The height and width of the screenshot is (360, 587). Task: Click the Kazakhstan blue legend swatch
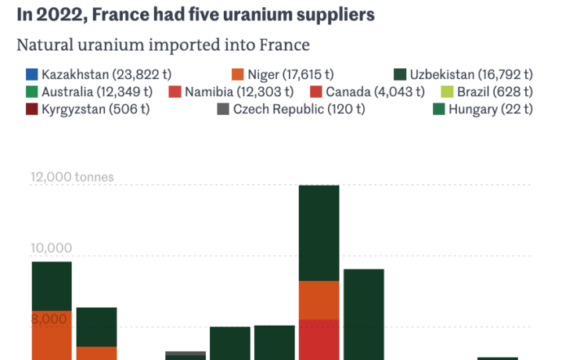click(x=32, y=74)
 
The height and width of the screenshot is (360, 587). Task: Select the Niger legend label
click(x=290, y=74)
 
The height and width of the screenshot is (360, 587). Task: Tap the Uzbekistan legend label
click(x=471, y=74)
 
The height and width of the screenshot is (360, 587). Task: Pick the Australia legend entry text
click(x=97, y=92)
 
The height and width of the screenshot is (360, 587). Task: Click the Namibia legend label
click(x=239, y=92)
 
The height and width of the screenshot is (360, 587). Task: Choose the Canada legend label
click(x=375, y=92)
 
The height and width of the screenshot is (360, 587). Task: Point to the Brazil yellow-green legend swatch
click(x=447, y=92)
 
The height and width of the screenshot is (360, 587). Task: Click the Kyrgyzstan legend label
click(x=95, y=110)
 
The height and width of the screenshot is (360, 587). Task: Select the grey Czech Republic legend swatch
click(x=223, y=110)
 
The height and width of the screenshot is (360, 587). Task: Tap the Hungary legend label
click(x=491, y=110)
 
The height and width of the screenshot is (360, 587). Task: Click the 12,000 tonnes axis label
click(x=72, y=177)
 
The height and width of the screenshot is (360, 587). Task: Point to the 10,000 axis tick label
click(x=51, y=248)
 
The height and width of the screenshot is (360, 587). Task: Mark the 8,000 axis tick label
click(x=49, y=319)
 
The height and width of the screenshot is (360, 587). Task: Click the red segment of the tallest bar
click(x=319, y=340)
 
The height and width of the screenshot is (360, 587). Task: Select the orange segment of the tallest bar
click(x=319, y=300)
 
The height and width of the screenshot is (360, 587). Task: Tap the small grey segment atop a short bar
click(x=185, y=353)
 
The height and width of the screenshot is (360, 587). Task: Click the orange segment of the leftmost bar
click(x=52, y=335)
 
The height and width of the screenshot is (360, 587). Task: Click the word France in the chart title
click(x=120, y=15)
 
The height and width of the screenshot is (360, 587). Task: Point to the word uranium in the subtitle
click(x=111, y=45)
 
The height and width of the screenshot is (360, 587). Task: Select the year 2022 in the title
click(x=59, y=15)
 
